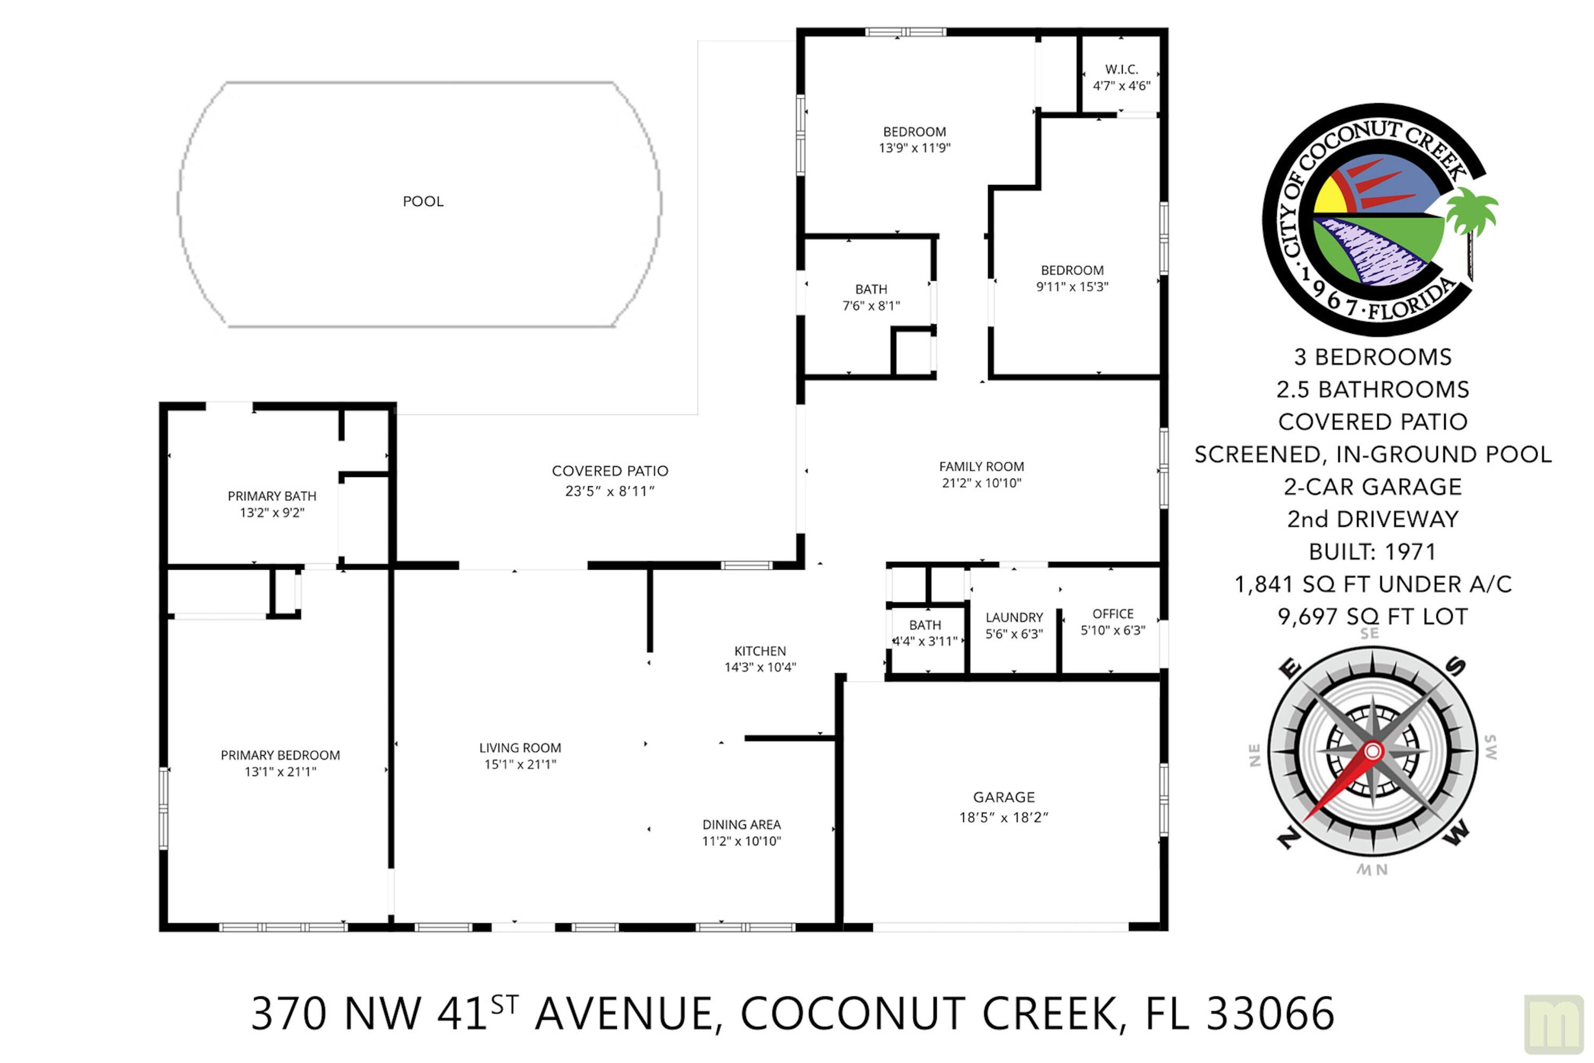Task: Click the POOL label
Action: [423, 202]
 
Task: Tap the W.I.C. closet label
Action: [1121, 69]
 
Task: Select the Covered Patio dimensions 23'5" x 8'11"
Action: [609, 491]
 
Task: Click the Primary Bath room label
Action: [272, 496]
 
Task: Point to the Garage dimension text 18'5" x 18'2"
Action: [1003, 817]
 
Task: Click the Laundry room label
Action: [1013, 617]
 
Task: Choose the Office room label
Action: [1112, 614]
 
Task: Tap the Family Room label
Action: [981, 466]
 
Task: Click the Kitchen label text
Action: [759, 651]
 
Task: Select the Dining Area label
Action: [741, 824]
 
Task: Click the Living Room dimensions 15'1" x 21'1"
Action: [520, 764]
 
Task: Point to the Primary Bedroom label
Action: [280, 755]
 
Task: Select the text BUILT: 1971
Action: [1372, 552]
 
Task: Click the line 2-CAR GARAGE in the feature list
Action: [1372, 487]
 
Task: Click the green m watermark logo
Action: [1554, 1023]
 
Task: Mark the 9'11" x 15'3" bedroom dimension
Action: [1072, 287]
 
